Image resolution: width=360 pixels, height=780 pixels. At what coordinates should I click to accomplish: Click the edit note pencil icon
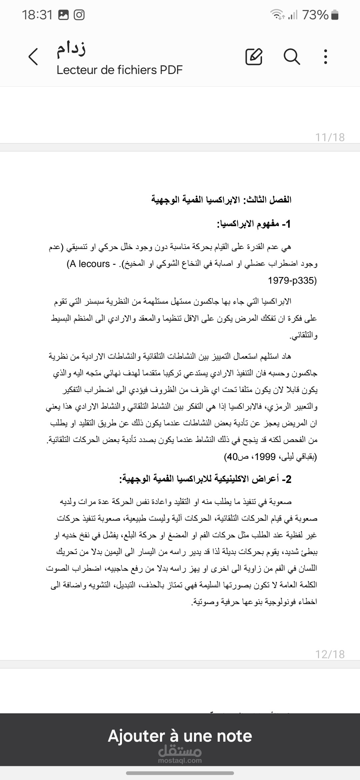click(x=254, y=57)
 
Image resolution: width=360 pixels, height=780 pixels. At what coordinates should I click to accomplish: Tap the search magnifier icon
click(x=292, y=57)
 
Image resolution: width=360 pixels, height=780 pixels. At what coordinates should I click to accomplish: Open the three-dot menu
click(x=326, y=57)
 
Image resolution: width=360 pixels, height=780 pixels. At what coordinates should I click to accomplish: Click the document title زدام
click(x=71, y=49)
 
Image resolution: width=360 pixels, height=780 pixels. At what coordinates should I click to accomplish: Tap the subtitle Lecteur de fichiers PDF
click(x=119, y=70)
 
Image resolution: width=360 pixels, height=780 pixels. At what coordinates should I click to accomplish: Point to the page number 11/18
click(x=330, y=137)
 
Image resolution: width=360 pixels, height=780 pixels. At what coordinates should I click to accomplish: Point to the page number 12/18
click(x=330, y=654)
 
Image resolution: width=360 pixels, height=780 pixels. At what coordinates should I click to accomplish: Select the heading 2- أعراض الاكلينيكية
click(x=205, y=479)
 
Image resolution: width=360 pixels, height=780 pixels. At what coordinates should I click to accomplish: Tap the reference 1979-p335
click(x=292, y=280)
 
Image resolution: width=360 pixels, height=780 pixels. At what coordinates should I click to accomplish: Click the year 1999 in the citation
click(x=265, y=457)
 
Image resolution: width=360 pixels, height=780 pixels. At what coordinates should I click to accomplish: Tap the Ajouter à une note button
click(x=180, y=736)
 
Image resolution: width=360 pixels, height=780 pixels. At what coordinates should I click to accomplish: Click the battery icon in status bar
click(x=335, y=15)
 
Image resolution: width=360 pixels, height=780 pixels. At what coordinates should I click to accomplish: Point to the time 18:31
click(x=37, y=15)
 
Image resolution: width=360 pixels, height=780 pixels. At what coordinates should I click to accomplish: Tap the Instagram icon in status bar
click(x=79, y=15)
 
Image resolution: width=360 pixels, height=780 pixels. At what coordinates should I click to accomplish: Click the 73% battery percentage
click(x=315, y=15)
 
